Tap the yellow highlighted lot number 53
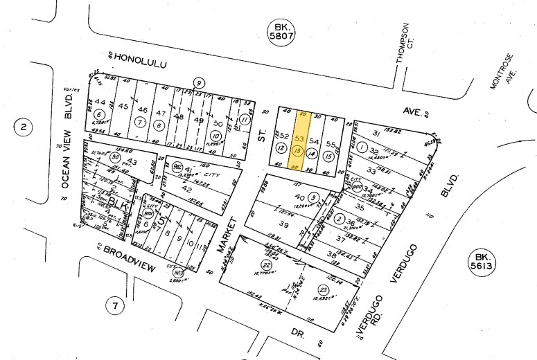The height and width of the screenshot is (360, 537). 300,138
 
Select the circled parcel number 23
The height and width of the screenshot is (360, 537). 323,289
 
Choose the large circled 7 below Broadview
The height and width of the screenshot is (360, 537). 116,304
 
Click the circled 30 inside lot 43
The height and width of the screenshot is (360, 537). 114,156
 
